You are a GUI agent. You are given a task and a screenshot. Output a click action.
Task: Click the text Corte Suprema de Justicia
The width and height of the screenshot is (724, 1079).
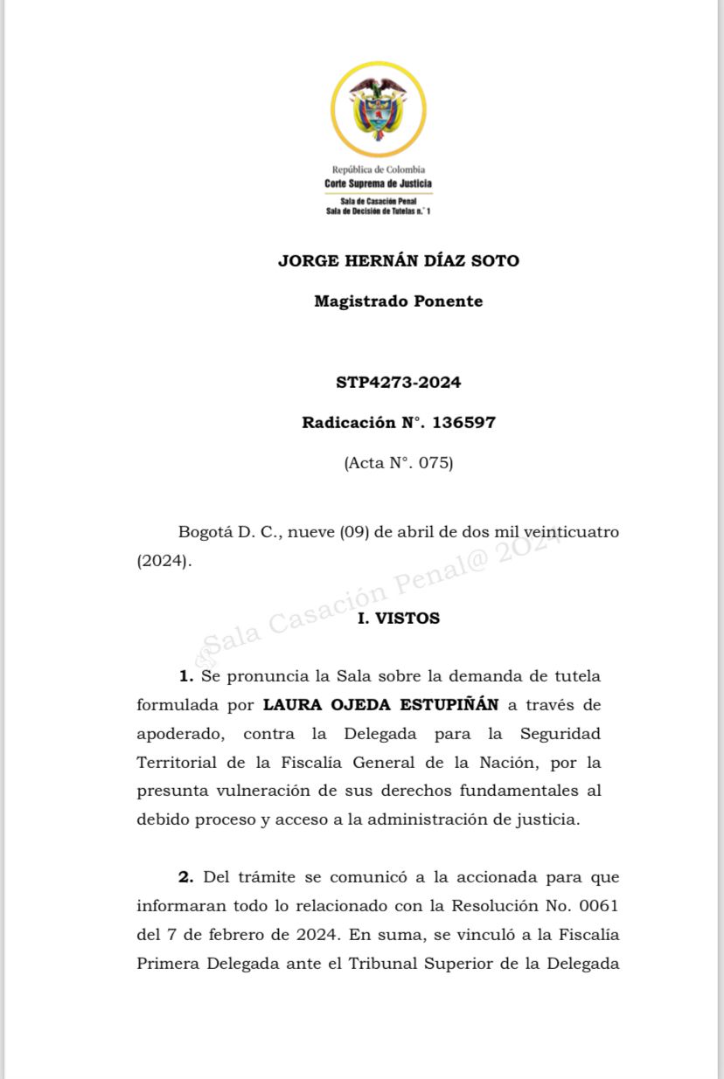click(378, 183)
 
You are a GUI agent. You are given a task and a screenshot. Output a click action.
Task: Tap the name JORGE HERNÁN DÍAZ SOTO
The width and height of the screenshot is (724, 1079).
click(398, 260)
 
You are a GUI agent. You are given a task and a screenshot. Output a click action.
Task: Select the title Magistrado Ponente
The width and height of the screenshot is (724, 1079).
click(398, 301)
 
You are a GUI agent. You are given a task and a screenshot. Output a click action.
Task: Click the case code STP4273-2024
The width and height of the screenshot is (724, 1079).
click(398, 382)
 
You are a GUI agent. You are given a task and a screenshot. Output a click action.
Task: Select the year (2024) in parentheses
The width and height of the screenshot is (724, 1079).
click(162, 561)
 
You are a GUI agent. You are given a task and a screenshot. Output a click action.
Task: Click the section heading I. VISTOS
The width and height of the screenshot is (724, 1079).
click(399, 618)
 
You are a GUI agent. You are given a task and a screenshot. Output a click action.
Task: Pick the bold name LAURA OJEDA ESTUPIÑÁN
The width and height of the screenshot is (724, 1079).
click(380, 704)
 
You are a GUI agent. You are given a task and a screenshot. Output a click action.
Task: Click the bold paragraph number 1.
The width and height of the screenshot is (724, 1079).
click(185, 675)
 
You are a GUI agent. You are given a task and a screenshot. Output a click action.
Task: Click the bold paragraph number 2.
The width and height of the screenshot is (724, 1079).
click(185, 876)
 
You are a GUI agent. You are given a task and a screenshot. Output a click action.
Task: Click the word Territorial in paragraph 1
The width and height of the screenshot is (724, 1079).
click(177, 762)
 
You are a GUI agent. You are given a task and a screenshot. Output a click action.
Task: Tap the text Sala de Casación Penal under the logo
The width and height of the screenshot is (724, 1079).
click(378, 201)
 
